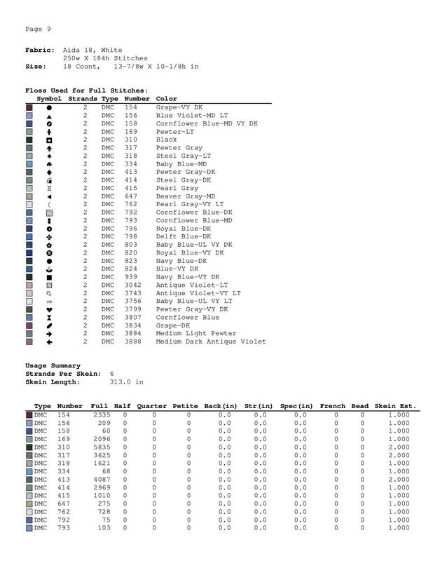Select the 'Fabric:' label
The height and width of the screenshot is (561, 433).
(x=39, y=50)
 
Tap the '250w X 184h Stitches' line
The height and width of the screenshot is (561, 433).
(x=105, y=58)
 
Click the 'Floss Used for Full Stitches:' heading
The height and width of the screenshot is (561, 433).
(x=86, y=90)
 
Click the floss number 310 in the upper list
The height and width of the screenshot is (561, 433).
(x=132, y=140)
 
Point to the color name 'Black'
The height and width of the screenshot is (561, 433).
(x=166, y=140)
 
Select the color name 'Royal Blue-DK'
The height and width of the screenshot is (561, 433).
(x=184, y=229)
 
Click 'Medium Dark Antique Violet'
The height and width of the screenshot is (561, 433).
(x=211, y=342)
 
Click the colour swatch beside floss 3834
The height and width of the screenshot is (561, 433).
(x=29, y=325)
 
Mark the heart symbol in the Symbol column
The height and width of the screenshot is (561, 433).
(x=49, y=309)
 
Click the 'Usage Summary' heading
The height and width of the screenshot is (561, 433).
(x=53, y=365)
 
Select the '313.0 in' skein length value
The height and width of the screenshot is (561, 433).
(x=127, y=382)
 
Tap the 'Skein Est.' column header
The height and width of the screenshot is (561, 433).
(x=395, y=406)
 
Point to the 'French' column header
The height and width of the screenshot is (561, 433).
(x=333, y=406)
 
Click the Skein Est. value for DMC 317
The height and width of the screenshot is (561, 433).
(x=399, y=456)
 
